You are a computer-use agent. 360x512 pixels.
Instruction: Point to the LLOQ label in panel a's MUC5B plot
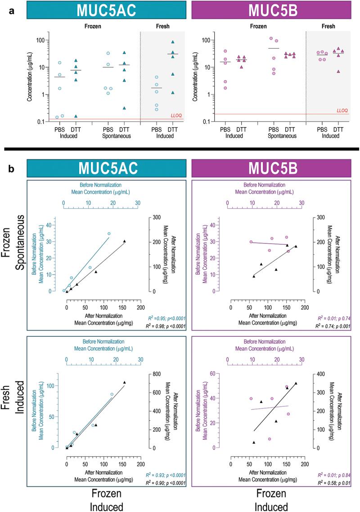[342, 110]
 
